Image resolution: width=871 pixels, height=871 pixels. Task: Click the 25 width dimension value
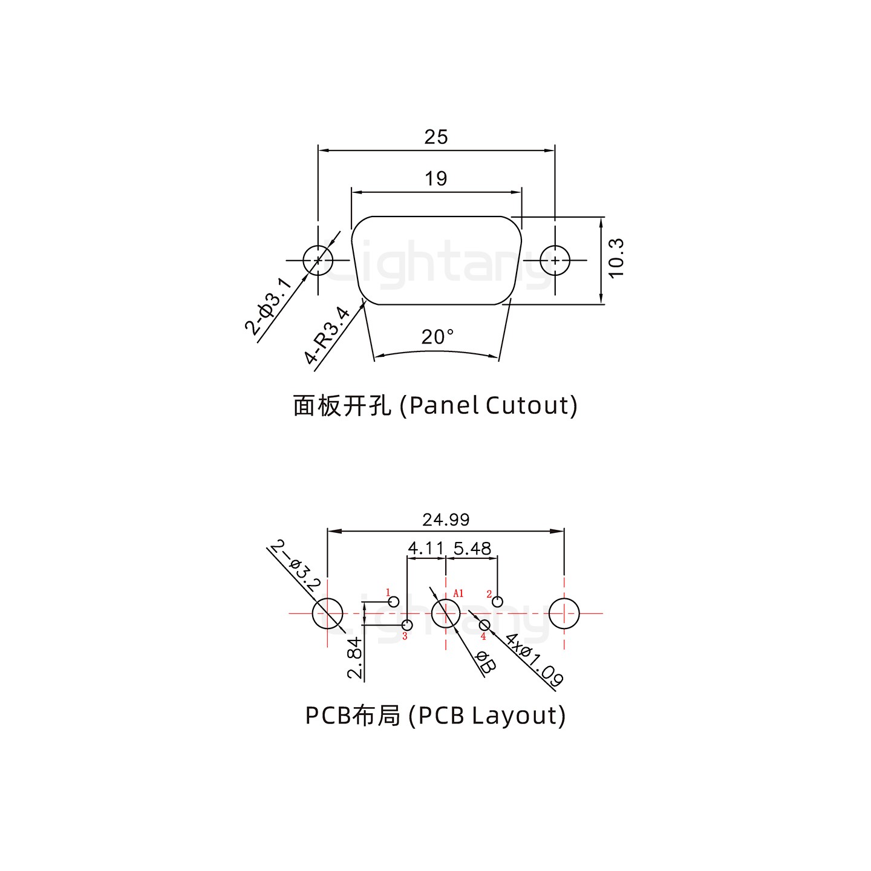click(435, 137)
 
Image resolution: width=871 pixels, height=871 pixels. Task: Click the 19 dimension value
click(435, 179)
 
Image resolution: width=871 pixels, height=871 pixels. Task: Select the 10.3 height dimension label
click(616, 258)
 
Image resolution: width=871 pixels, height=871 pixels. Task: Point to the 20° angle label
click(437, 337)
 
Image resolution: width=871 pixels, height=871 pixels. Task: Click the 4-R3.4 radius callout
click(327, 336)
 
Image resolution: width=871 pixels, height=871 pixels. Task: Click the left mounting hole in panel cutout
click(318, 261)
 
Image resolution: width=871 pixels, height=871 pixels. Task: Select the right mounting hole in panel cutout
click(555, 261)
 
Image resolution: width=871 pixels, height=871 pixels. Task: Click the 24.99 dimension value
click(446, 520)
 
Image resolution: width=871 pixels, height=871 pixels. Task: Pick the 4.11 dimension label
click(426, 549)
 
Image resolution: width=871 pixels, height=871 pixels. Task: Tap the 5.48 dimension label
click(472, 549)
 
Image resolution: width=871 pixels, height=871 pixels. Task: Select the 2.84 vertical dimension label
click(355, 658)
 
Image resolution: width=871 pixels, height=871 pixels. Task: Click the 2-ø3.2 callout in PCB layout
click(295, 567)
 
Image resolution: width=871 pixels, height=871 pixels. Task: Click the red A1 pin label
click(458, 593)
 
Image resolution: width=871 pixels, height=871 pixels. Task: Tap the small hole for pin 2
click(497, 601)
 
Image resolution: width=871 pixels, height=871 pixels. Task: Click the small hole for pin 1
click(394, 601)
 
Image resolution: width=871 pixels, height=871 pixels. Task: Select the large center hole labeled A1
click(446, 613)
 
